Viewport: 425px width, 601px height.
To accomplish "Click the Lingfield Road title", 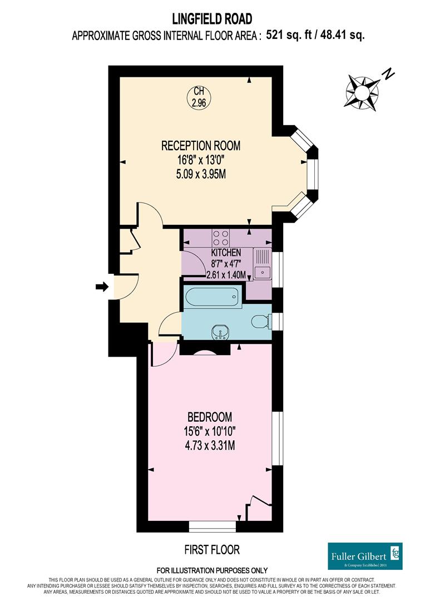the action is click(212, 18).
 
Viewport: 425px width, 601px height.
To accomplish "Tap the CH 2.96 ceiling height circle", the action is click(199, 97).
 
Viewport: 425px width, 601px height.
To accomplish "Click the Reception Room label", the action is click(201, 146).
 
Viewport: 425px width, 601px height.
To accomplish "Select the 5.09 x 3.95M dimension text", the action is click(201, 174).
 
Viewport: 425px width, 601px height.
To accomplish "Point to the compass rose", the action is click(362, 92).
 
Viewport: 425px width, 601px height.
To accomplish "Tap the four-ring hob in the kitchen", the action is click(220, 238).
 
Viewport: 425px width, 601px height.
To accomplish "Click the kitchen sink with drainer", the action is click(262, 264).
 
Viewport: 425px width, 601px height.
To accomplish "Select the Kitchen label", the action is click(226, 253).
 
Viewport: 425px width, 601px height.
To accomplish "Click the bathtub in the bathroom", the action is click(212, 297).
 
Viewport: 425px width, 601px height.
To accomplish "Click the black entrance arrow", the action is click(102, 287).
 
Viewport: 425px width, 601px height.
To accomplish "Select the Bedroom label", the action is click(210, 417).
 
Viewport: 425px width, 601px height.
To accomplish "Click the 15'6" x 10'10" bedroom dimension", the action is click(210, 432).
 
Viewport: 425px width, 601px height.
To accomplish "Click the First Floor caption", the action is click(212, 550).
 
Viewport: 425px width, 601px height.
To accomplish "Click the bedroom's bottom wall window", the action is click(212, 526).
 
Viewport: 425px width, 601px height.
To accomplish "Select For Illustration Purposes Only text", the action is click(212, 570).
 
